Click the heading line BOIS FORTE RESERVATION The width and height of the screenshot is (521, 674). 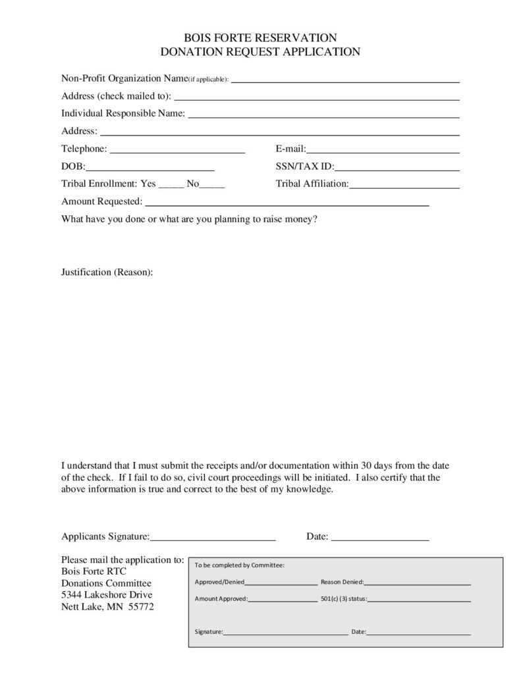click(x=260, y=38)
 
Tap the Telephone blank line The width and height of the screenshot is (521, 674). click(x=177, y=151)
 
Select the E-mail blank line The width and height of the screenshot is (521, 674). click(x=383, y=151)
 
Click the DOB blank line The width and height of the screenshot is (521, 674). click(x=150, y=169)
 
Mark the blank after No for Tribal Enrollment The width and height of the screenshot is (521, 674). click(x=212, y=187)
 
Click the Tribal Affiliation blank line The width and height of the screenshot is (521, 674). click(x=404, y=187)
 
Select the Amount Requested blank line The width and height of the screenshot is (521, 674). click(x=287, y=205)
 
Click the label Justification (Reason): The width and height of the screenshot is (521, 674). click(x=107, y=272)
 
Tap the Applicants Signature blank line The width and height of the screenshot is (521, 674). click(x=213, y=539)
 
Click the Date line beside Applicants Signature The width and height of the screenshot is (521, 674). click(x=380, y=539)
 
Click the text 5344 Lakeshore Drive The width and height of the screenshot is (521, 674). click(x=107, y=595)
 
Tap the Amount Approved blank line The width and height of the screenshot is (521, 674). click(x=283, y=600)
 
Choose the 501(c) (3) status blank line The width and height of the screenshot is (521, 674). click(x=419, y=600)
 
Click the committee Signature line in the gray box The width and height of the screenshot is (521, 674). click(x=285, y=633)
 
